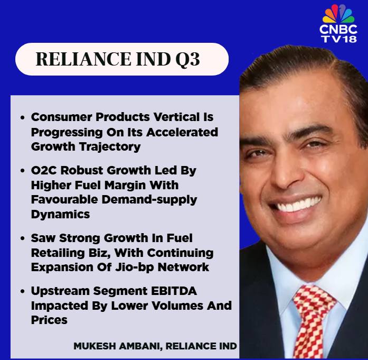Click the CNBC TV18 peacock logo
[338, 23]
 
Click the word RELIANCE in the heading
[83, 59]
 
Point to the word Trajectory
[110, 147]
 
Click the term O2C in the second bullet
[44, 170]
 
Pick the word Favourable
[64, 200]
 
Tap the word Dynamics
[60, 215]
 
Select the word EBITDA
[174, 291]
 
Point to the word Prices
[49, 320]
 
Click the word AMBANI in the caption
[140, 346]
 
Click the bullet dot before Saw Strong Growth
[23, 238]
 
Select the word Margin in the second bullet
[125, 186]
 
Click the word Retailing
[58, 253]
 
